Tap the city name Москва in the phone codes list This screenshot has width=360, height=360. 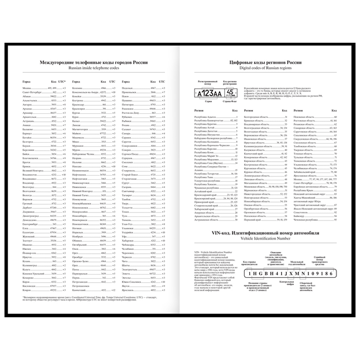coord(27,88)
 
